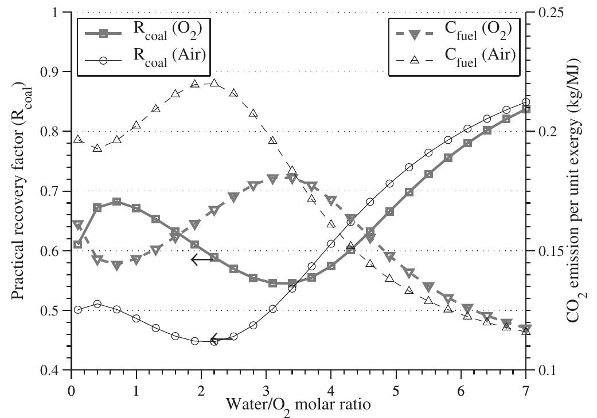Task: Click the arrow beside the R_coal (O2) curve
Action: click(x=202, y=260)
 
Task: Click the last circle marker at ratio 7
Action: click(x=526, y=102)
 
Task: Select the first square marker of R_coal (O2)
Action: click(x=78, y=245)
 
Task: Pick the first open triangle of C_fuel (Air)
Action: click(x=78, y=139)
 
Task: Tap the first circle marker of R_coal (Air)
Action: click(x=78, y=310)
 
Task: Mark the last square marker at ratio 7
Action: click(x=526, y=109)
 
